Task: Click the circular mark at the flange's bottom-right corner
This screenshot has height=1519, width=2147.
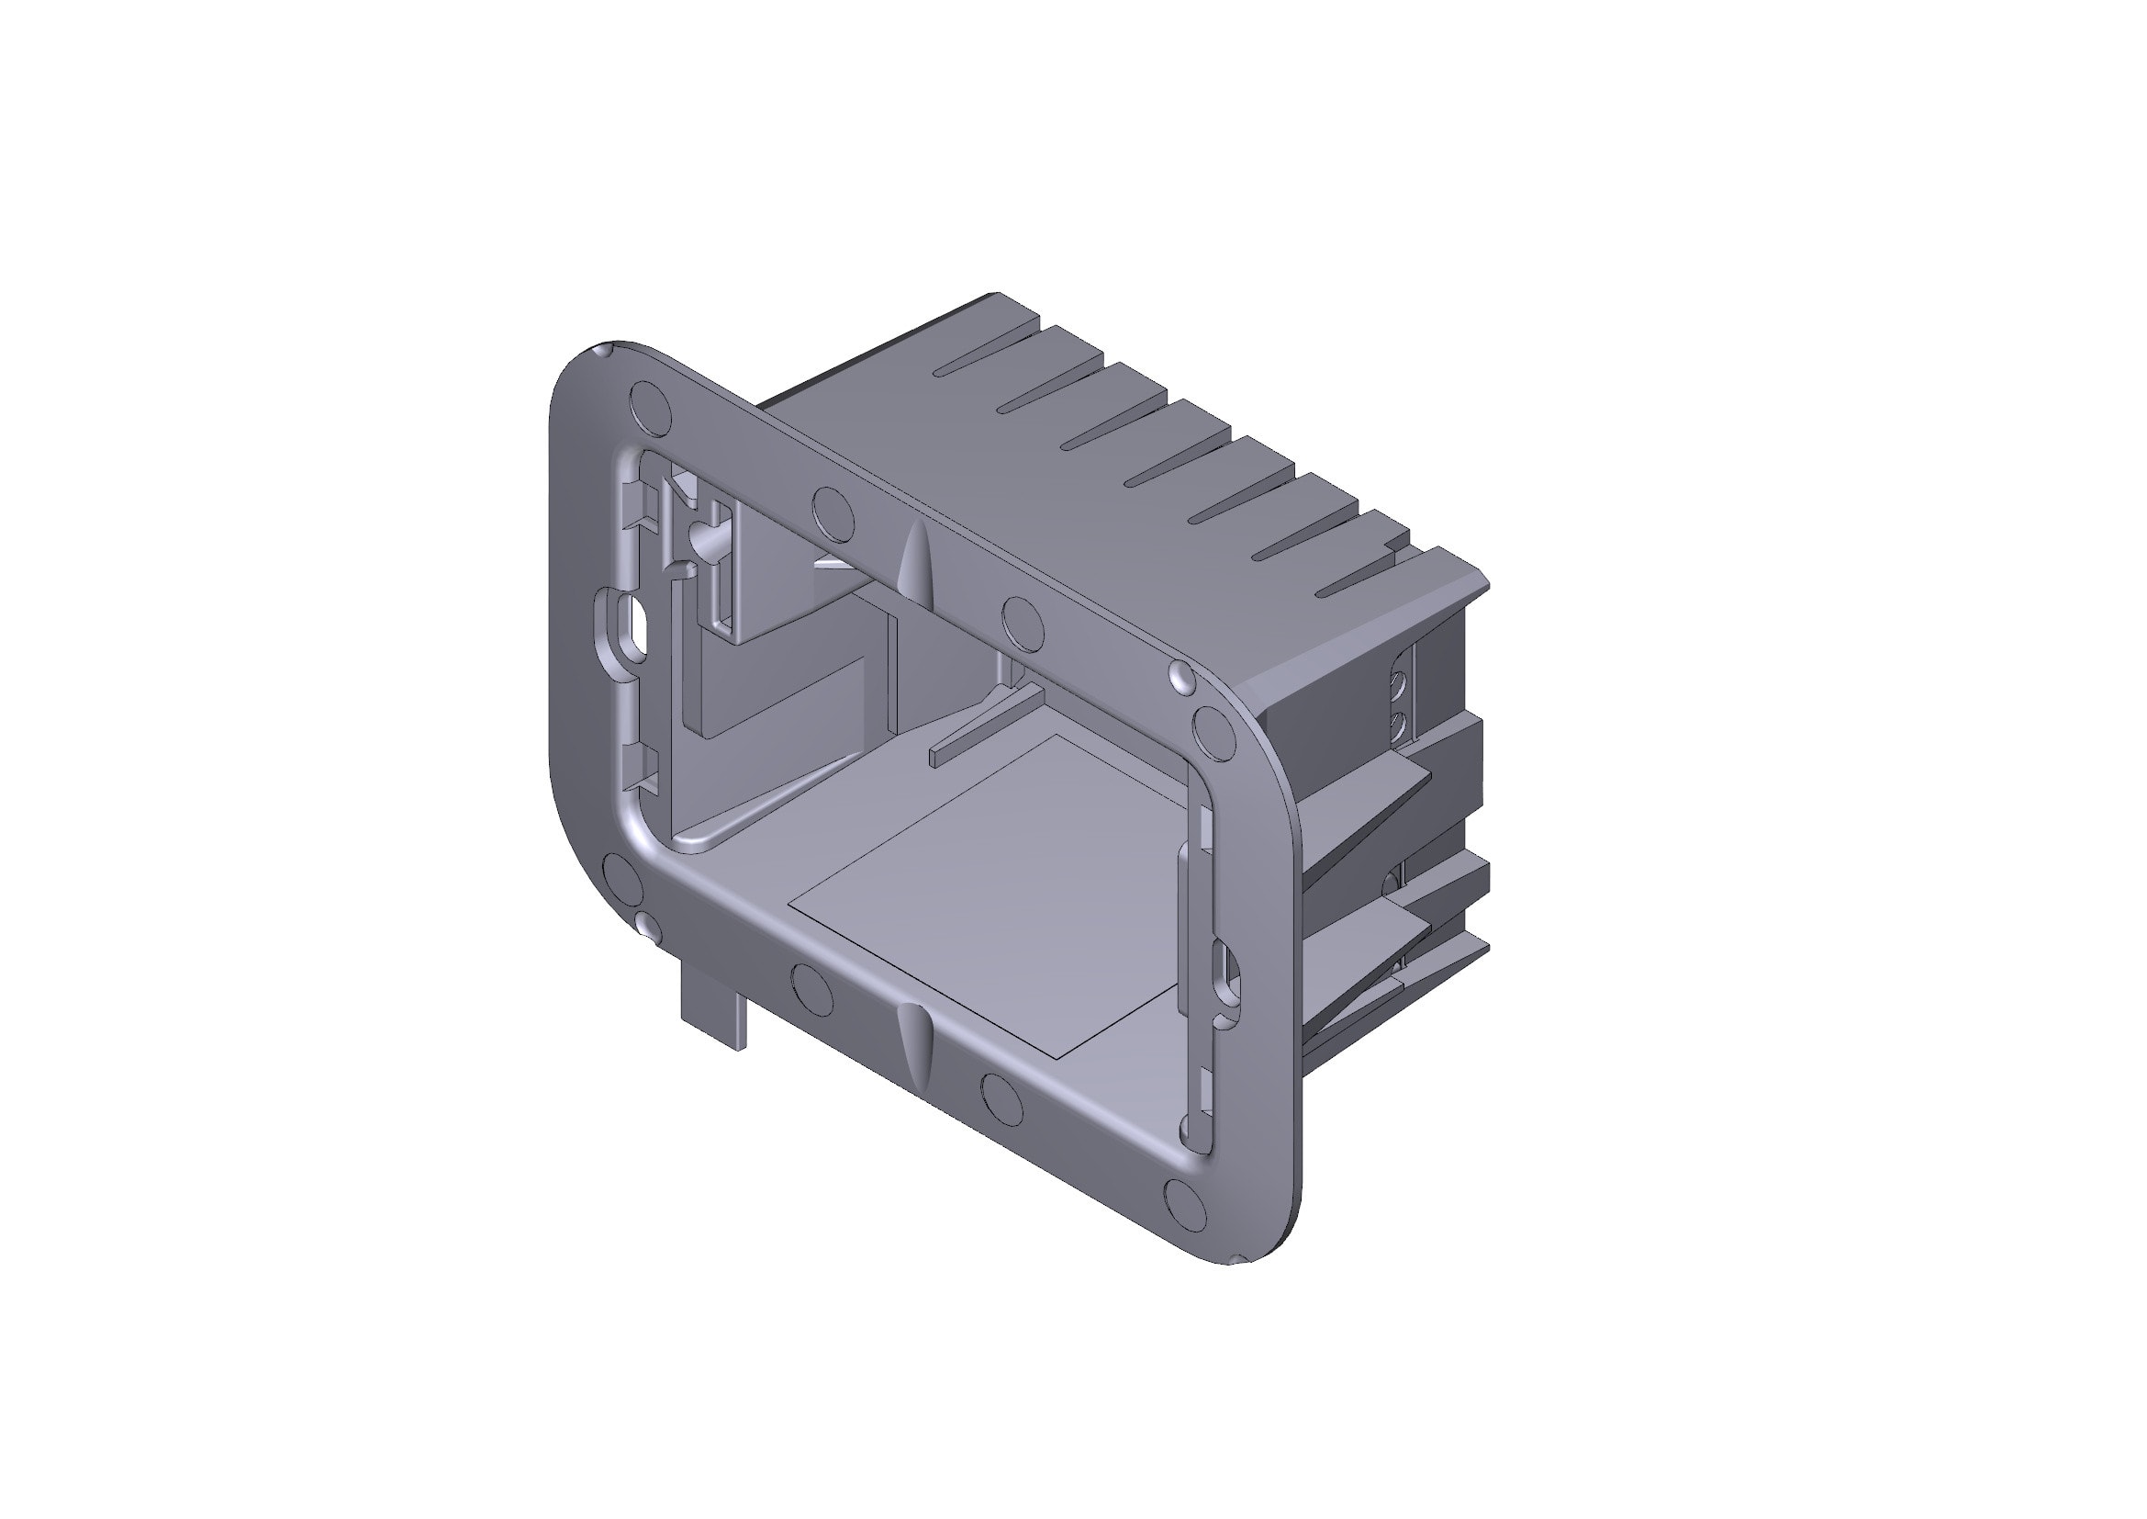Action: coord(1185,1204)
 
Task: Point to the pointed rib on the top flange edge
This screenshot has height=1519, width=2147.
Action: coord(915,561)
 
